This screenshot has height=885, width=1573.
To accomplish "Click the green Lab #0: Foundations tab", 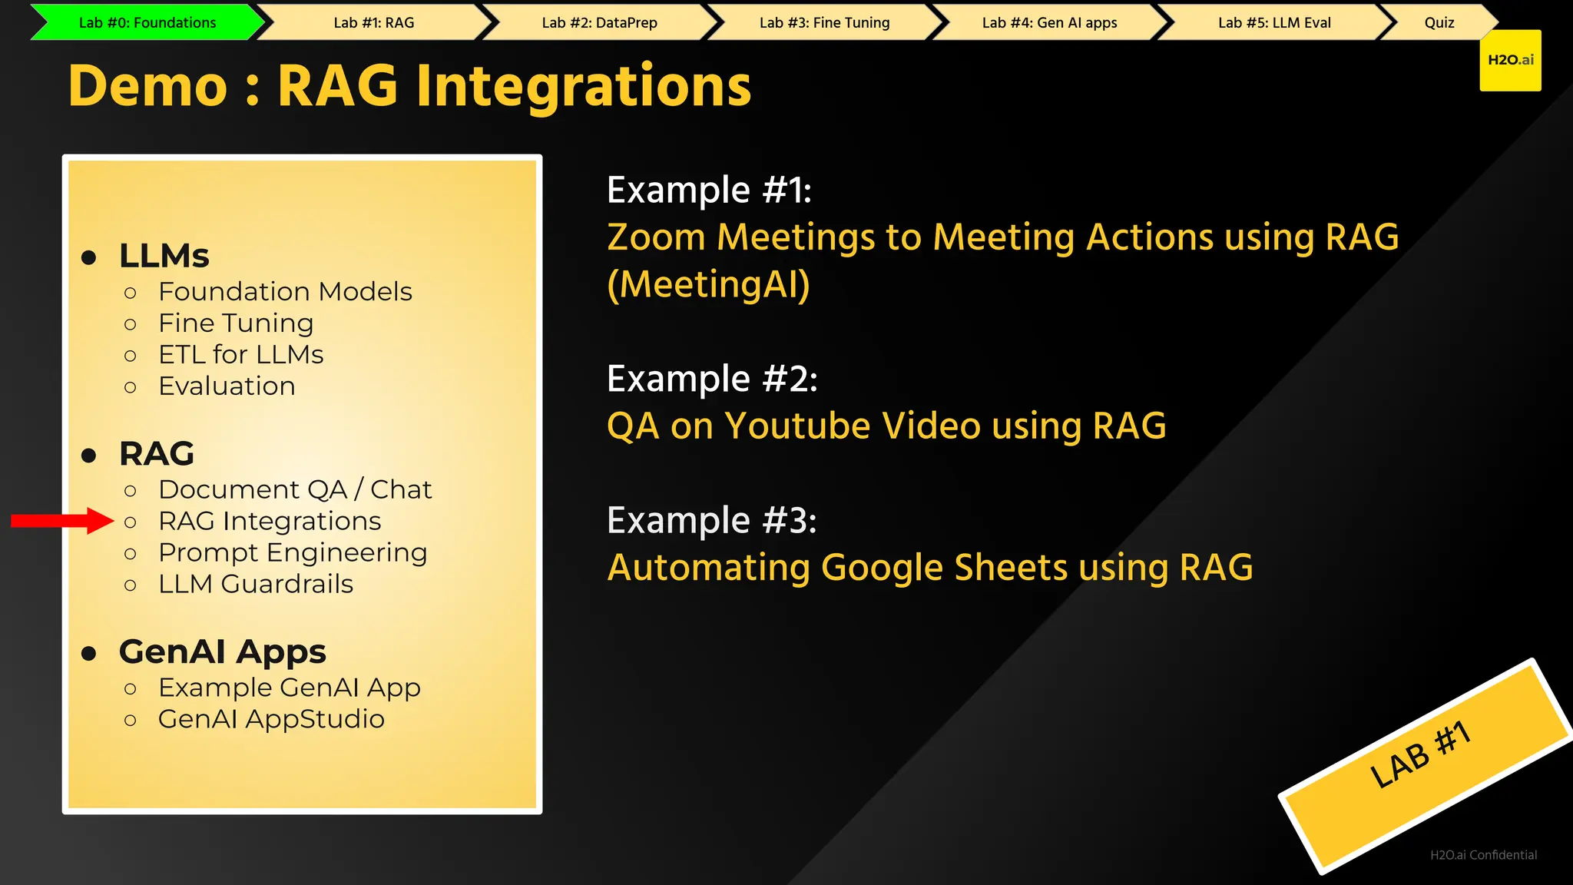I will [x=147, y=22].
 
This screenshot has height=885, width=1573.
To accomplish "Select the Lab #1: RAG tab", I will [x=374, y=22].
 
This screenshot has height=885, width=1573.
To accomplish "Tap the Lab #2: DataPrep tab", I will [x=599, y=22].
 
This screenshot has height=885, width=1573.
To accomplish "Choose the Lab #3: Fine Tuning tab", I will [x=824, y=22].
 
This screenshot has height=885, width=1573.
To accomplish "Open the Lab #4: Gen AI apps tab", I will [x=1049, y=22].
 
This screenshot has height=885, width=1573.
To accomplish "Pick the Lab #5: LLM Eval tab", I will [x=1274, y=22].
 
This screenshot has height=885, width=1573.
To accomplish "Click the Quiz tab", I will [x=1439, y=22].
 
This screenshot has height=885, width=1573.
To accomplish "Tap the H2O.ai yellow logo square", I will [x=1510, y=60].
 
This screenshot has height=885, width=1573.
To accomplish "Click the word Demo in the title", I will [x=147, y=86].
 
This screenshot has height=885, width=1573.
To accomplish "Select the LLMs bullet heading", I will [x=164, y=256].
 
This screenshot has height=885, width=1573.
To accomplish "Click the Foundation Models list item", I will [x=285, y=292].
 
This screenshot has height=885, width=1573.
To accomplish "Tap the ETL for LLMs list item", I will [x=240, y=355].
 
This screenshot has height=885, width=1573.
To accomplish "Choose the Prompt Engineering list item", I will [x=293, y=552].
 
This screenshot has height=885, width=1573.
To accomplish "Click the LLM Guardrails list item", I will [x=256, y=584].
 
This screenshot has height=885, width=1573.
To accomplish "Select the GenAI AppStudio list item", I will [x=271, y=719].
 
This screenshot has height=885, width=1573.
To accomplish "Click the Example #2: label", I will [x=712, y=379].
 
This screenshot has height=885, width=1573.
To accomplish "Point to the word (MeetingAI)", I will [x=708, y=284].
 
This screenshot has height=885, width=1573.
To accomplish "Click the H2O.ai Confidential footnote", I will [x=1483, y=855].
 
